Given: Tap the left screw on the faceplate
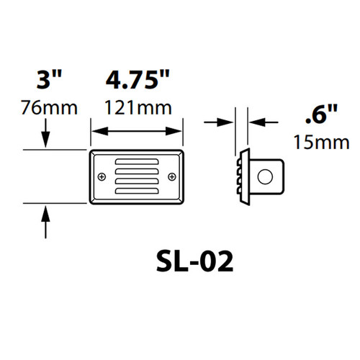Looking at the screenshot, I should click(x=102, y=176).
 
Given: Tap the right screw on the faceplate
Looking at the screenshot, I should click(x=171, y=176).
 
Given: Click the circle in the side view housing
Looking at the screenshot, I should click(x=266, y=176).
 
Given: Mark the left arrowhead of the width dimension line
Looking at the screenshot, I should click(x=94, y=131).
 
